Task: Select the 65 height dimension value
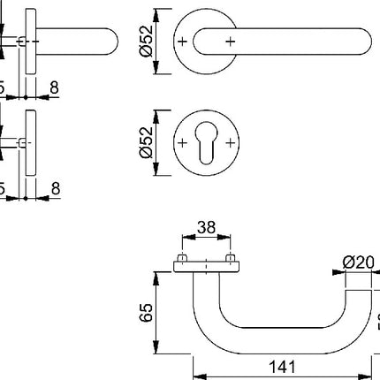point(148,311)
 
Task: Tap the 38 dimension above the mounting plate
point(207,228)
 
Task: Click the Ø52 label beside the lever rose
point(148,43)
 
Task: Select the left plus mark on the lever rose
point(182,42)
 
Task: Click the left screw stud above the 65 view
point(182,260)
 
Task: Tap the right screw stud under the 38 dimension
point(232,260)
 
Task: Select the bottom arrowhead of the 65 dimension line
point(160,345)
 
